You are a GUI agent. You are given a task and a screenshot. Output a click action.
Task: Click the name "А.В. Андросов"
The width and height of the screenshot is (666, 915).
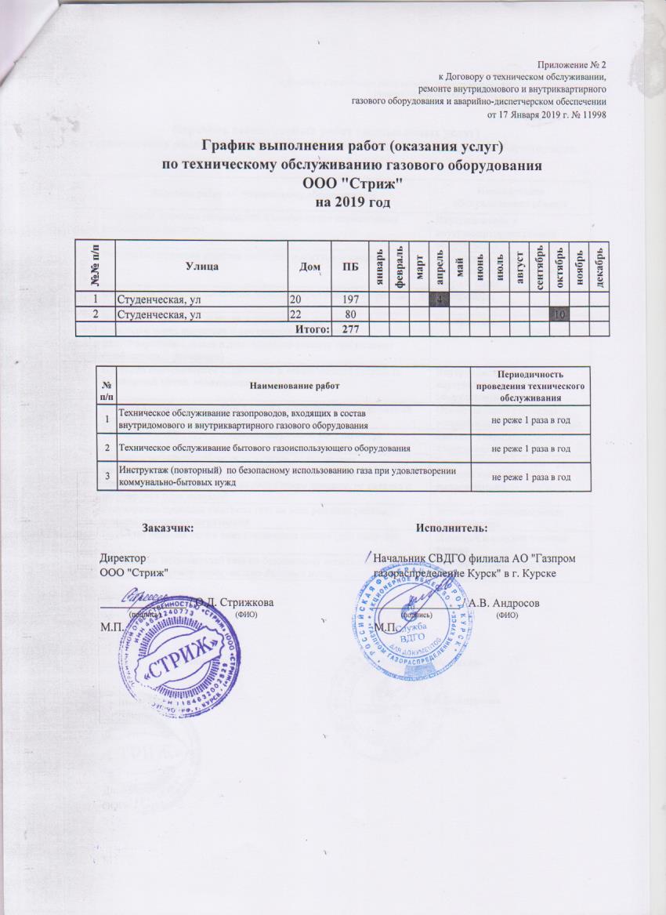pyautogui.click(x=501, y=602)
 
